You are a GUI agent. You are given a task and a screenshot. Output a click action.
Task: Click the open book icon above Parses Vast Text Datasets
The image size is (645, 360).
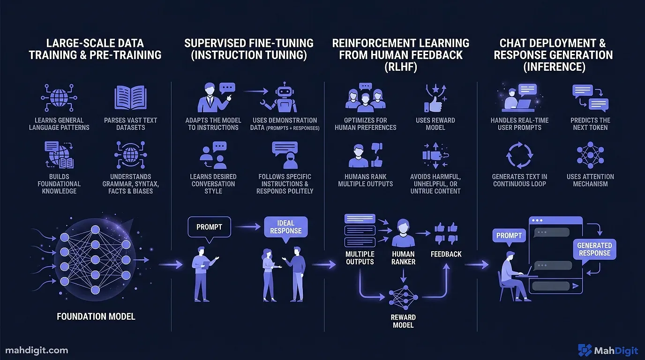point(131,97)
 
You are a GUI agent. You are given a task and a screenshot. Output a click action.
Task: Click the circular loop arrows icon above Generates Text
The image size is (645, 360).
point(520,155)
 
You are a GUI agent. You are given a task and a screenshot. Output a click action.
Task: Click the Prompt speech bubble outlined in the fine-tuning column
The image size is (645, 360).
point(209,227)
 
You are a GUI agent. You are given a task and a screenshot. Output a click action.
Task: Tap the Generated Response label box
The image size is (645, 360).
point(594,249)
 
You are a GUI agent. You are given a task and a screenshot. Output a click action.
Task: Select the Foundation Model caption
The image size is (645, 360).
point(96,316)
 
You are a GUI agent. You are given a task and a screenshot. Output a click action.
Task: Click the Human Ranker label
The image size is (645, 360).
point(403,258)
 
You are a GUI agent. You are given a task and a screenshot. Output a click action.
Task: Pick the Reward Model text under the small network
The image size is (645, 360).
point(403,321)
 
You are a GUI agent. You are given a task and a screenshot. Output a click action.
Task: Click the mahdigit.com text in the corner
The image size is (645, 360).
point(37,350)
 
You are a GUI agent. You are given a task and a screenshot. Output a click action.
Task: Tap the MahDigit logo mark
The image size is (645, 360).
point(585,350)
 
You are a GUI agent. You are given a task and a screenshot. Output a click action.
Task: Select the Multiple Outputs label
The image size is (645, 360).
point(360,258)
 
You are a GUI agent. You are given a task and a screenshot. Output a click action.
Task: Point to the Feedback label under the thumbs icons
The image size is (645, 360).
point(446,254)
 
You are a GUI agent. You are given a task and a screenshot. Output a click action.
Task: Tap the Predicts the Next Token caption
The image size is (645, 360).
point(590,124)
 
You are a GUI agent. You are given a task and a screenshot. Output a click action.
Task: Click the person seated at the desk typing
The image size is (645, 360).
point(511,272)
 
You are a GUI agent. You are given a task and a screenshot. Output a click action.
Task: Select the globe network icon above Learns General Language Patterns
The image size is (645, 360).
point(59,97)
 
